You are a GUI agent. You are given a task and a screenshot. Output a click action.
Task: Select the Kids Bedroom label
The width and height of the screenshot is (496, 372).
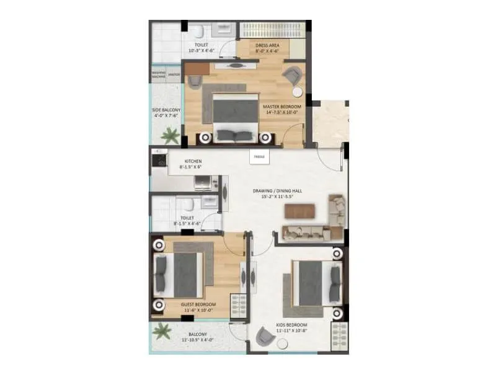pyautogui.click(x=291, y=327)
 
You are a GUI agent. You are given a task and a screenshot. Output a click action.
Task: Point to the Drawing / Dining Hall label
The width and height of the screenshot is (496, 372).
pyautogui.click(x=278, y=193)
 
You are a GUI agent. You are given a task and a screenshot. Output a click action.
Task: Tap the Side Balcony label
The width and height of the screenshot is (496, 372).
pyautogui.click(x=166, y=112)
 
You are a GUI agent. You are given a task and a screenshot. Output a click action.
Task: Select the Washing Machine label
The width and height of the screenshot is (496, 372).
pyautogui.click(x=159, y=74)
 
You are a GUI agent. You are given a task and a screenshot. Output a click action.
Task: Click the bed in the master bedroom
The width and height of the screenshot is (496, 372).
pyautogui.click(x=235, y=118)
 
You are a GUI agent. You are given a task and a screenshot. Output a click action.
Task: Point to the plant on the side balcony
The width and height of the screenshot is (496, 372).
pyautogui.click(x=169, y=135)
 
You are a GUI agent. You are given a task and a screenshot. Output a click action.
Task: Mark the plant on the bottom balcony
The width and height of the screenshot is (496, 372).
pyautogui.click(x=163, y=331)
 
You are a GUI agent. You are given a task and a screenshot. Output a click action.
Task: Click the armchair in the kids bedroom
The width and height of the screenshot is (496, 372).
pyautogui.click(x=265, y=337)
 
